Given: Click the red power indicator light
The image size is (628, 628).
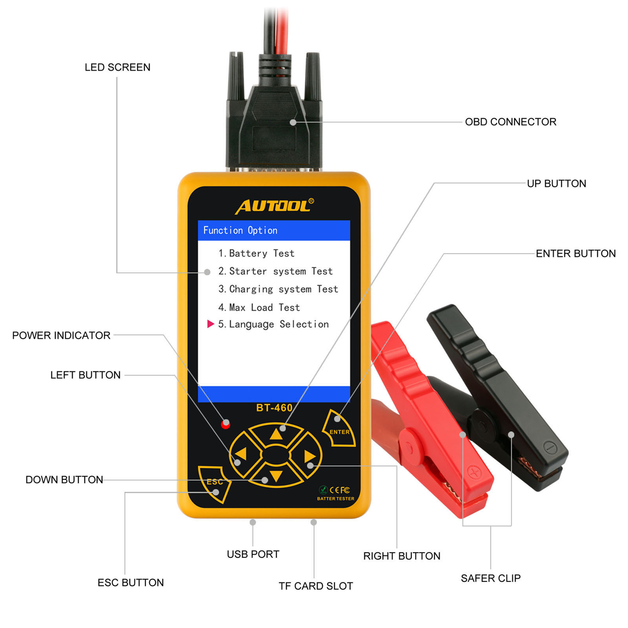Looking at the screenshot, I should coord(226,424).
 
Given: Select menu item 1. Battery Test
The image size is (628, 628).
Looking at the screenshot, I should coord(256,253).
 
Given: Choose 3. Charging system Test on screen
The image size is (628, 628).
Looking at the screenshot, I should coord(278,289).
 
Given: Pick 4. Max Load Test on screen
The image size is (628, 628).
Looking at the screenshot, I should coord(259,307).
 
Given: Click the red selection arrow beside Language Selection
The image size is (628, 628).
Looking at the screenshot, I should coord(210,324).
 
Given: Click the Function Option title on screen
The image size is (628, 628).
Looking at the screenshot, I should coord(240,230).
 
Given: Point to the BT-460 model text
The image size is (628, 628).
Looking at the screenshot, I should coord(274,408).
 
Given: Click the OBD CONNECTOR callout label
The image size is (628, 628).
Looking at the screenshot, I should coord(510,122).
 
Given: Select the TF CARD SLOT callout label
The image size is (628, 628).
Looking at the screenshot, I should coord(316,586).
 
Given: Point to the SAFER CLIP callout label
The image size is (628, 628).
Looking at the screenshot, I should coord(490,578).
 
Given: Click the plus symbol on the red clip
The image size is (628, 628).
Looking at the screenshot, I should coord(475,473).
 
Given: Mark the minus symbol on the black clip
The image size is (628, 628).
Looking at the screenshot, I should coord(549,447).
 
